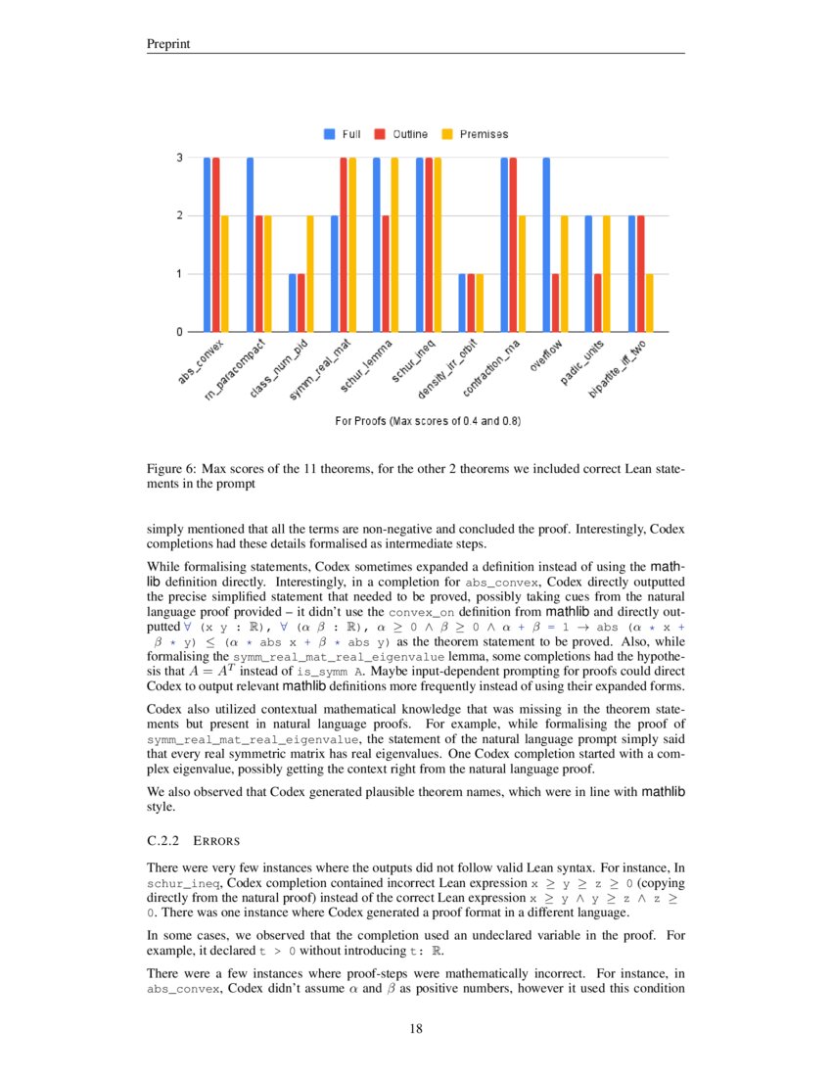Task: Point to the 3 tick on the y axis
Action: [x=179, y=158]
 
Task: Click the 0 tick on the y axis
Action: [x=179, y=332]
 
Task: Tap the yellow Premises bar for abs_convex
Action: [x=225, y=274]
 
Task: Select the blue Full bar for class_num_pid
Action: [x=292, y=303]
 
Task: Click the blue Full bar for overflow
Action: [x=546, y=245]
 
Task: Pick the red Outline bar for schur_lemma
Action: [x=386, y=274]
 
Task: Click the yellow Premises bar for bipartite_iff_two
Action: [x=649, y=303]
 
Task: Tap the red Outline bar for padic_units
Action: [x=598, y=303]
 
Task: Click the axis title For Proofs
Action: [x=428, y=421]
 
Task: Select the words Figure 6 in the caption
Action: [x=167, y=469]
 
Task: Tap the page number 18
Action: [x=415, y=1028]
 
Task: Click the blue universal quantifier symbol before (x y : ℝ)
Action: [x=186, y=624]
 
